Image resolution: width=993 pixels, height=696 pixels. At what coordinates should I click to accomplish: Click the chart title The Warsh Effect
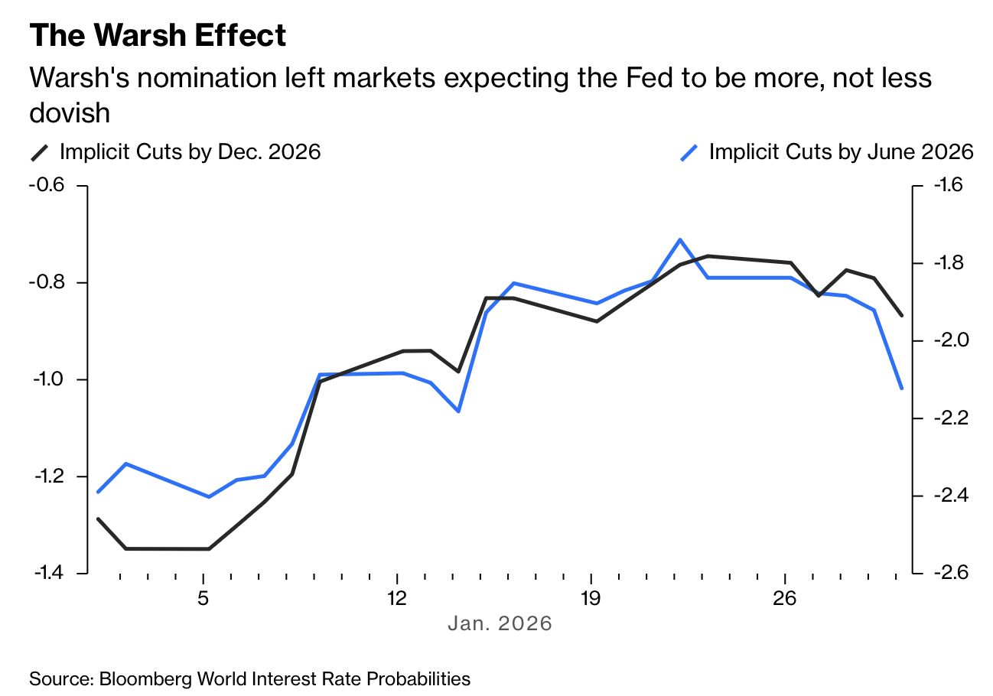point(158,36)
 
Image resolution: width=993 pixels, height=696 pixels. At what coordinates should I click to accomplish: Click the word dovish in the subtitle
point(70,113)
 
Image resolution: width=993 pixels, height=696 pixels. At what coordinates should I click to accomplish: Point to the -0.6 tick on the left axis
point(47,185)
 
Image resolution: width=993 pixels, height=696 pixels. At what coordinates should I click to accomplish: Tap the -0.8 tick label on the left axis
point(47,282)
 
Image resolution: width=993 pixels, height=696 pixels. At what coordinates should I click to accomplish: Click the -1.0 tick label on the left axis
point(47,379)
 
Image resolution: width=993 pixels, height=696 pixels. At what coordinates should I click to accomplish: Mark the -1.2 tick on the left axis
point(47,476)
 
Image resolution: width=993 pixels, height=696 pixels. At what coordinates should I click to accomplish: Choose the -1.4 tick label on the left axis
point(47,573)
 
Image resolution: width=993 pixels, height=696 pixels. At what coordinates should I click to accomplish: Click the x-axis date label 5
point(203,597)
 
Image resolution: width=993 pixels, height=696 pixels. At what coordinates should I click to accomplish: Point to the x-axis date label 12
point(397,597)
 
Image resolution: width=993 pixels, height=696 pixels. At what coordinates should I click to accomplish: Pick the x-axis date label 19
point(591,597)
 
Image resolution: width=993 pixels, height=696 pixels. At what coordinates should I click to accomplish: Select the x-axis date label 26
point(786,597)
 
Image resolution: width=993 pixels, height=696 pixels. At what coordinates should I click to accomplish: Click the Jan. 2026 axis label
point(500,623)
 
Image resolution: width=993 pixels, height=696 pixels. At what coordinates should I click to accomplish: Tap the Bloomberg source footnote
point(249,678)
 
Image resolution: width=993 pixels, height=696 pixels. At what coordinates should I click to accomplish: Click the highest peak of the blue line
point(679,239)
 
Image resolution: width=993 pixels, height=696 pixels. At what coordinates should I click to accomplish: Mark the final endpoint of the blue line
point(902,389)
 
